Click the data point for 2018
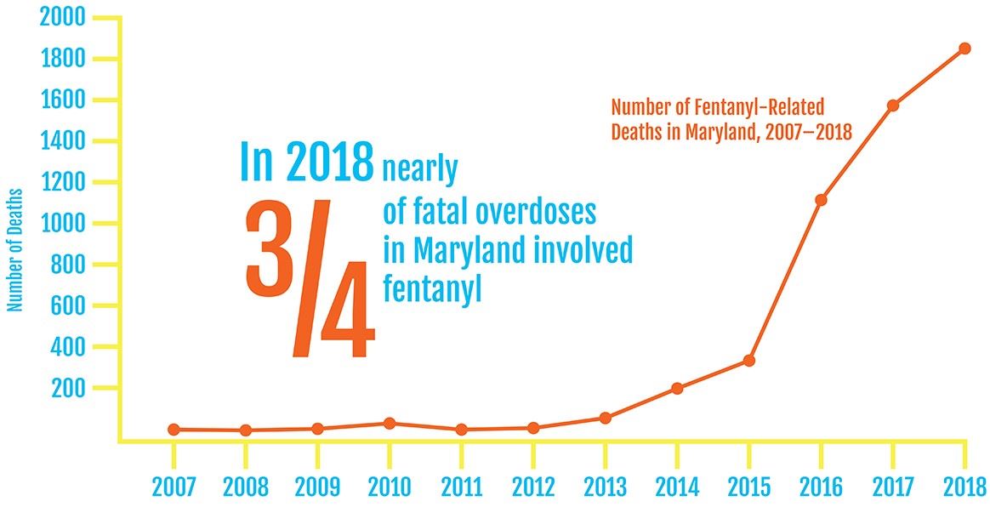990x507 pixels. [964, 48]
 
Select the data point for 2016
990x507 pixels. [821, 200]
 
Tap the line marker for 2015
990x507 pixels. [748, 361]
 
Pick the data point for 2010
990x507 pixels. [389, 423]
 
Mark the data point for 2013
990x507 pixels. [605, 418]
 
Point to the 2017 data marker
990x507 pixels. [893, 105]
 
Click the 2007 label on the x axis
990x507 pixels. [174, 487]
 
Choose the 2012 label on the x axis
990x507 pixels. [532, 487]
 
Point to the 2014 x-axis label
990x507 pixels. [676, 487]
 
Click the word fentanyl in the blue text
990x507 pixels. [432, 288]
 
